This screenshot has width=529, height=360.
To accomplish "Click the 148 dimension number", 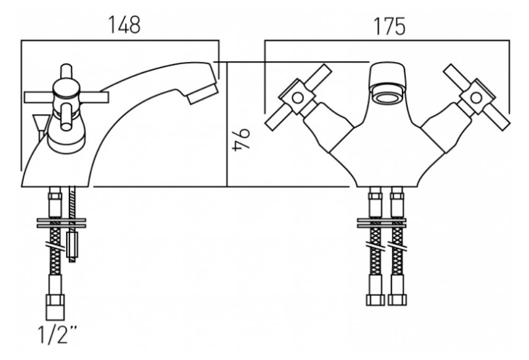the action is click(x=124, y=25).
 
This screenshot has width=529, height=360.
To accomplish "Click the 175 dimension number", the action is click(x=389, y=26).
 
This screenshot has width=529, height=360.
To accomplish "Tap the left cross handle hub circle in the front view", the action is click(x=297, y=98).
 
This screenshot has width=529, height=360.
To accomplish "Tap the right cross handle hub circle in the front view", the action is click(x=476, y=98).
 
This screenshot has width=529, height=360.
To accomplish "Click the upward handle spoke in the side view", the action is click(x=66, y=72).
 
